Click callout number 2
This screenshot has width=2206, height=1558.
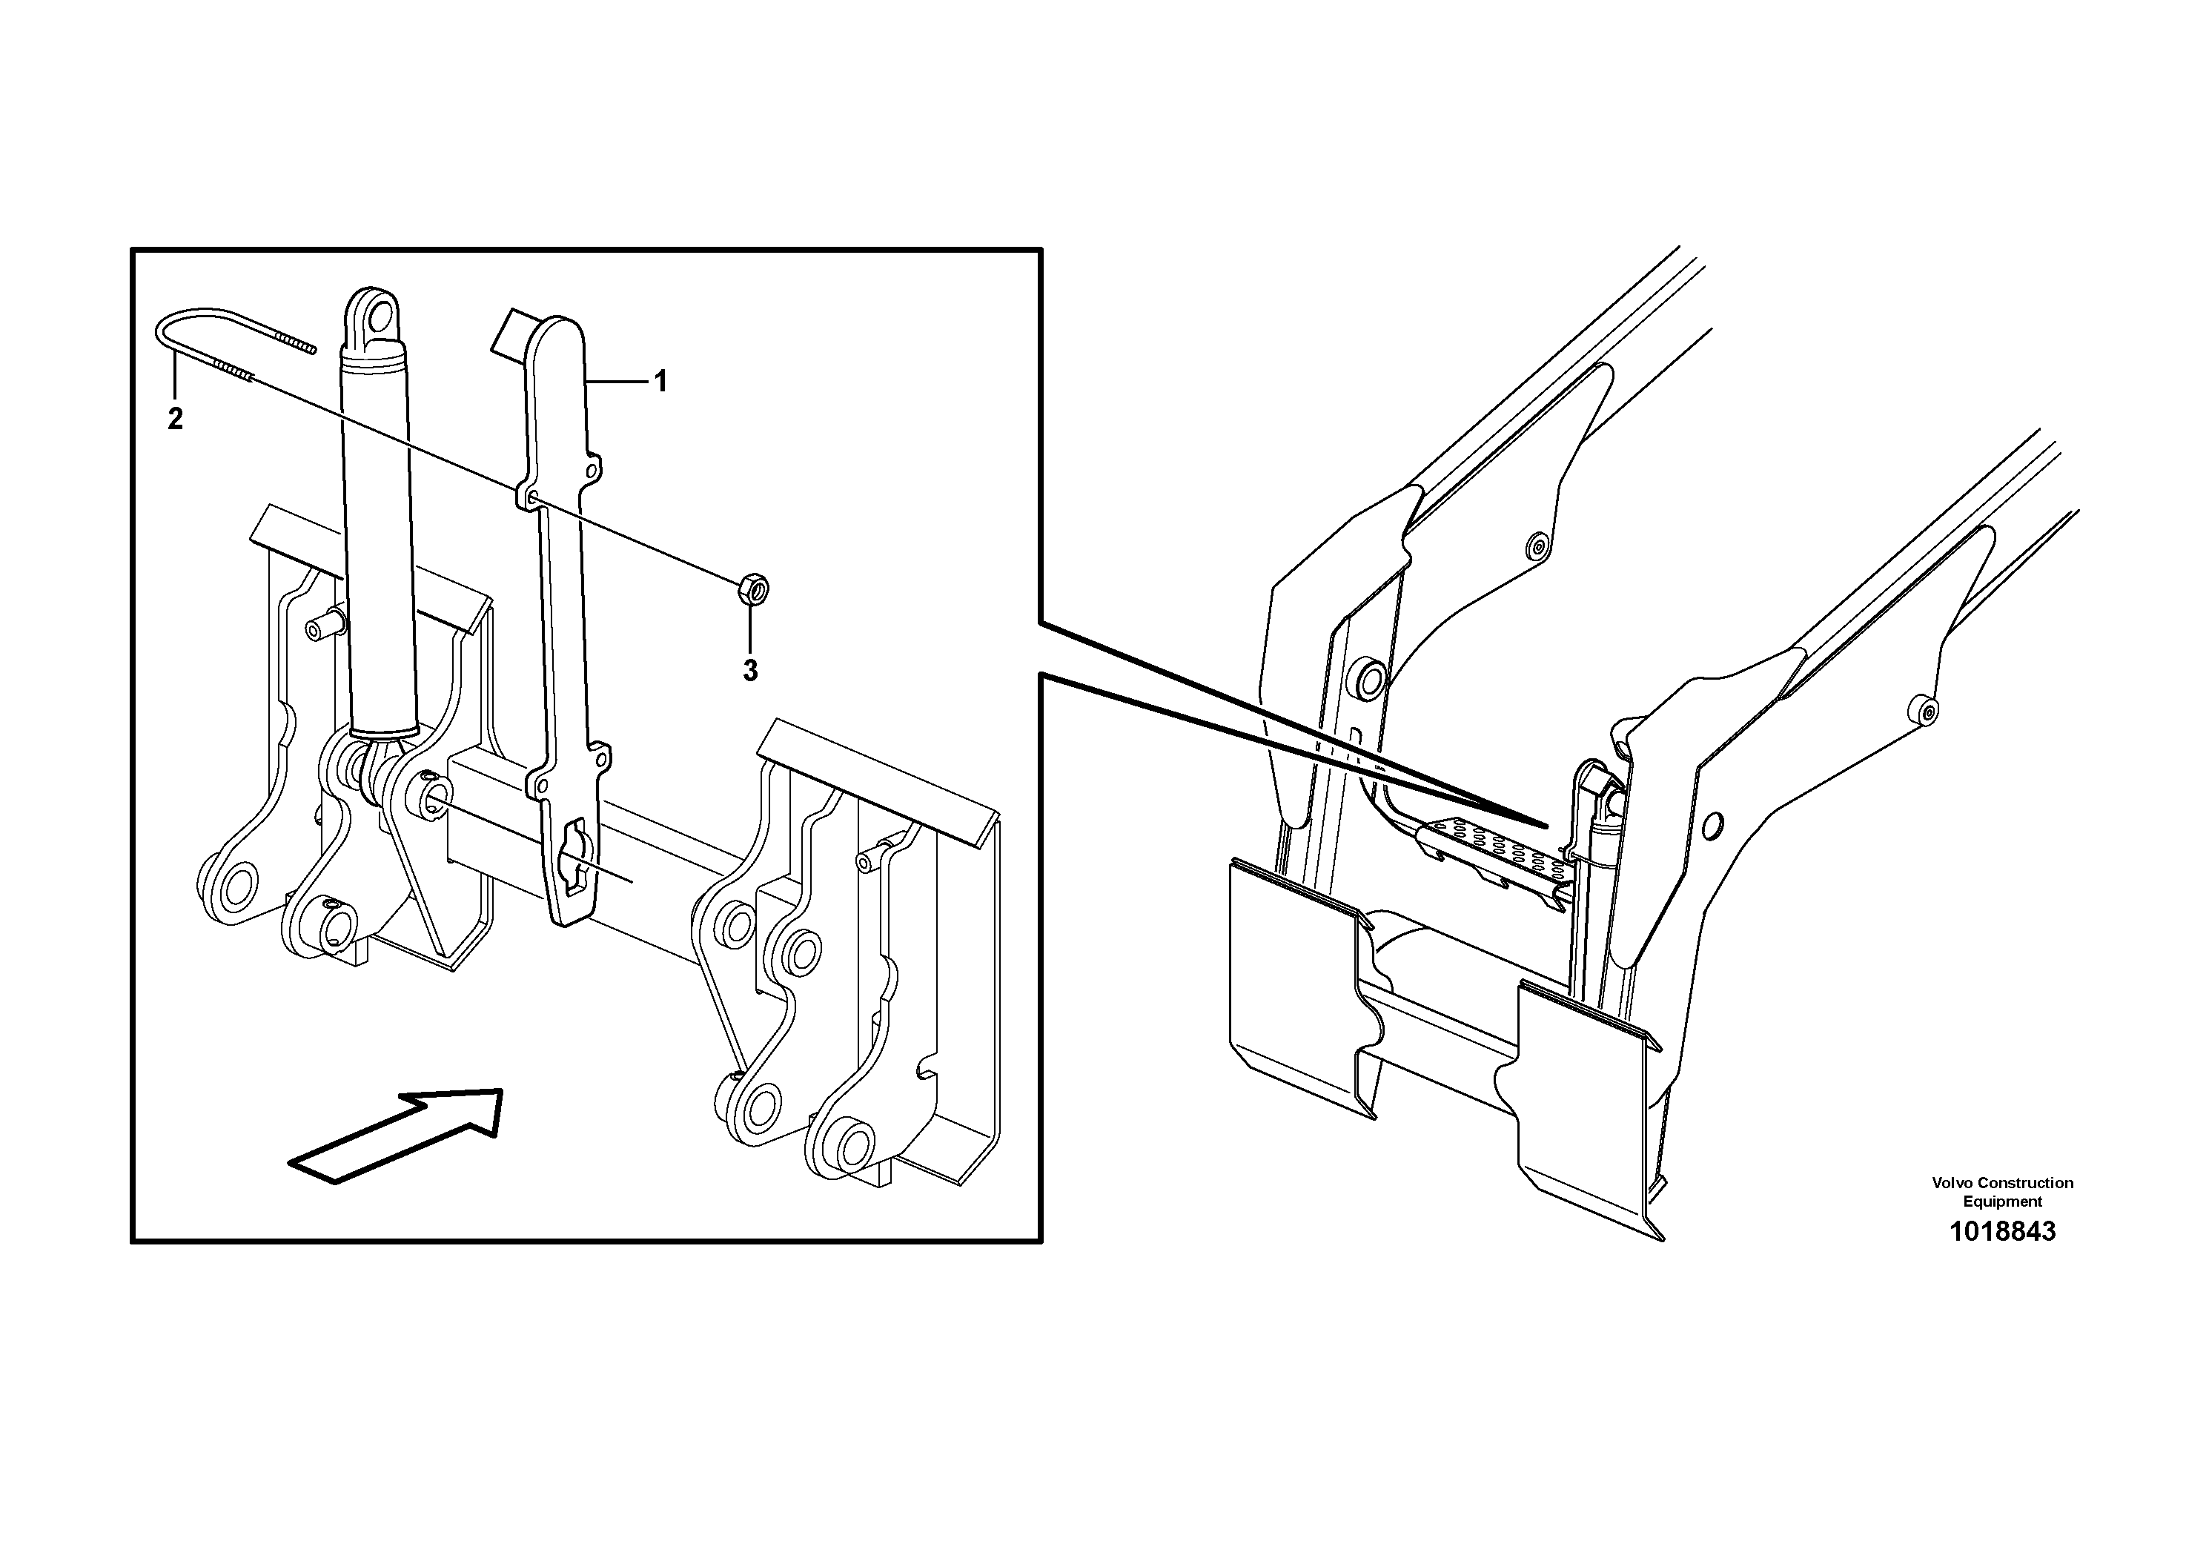(175, 419)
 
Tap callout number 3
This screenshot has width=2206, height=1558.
(750, 671)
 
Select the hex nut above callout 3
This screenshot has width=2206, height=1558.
(752, 588)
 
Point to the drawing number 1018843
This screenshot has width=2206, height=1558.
(2001, 1231)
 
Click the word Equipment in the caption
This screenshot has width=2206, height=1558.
(2001, 1201)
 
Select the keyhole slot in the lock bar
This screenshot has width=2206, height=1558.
(574, 849)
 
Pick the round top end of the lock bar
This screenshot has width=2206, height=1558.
(557, 337)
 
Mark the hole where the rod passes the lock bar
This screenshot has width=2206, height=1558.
(532, 497)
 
